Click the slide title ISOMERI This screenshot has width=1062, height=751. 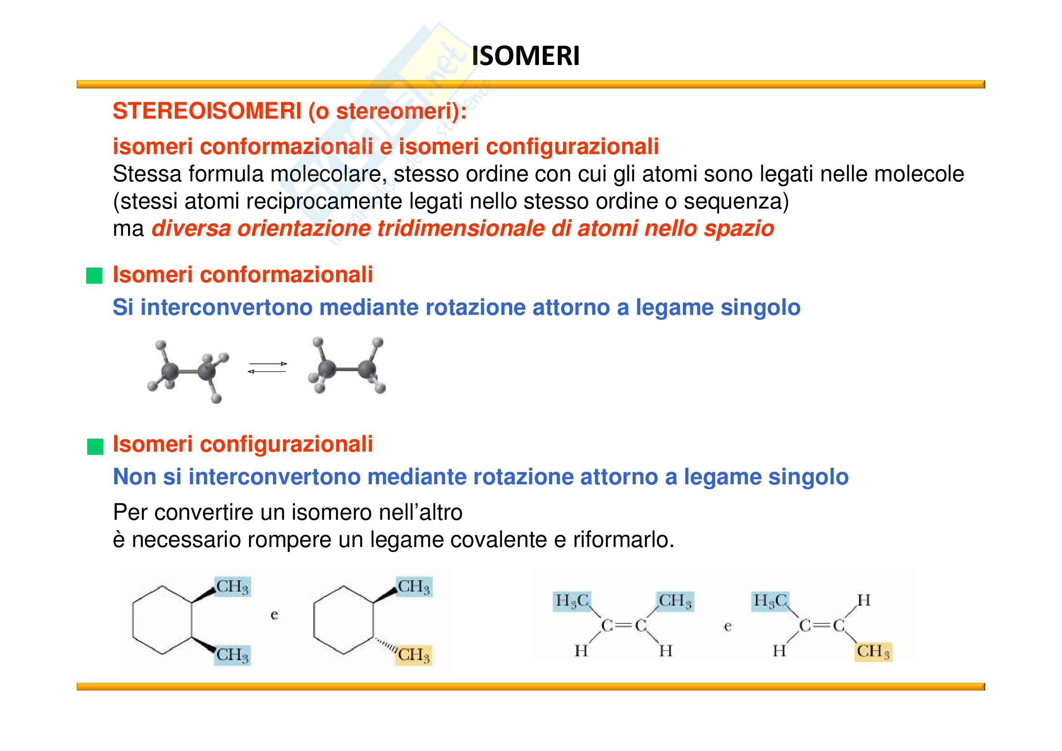pyautogui.click(x=525, y=56)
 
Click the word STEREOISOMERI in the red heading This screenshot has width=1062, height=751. pyautogui.click(x=207, y=111)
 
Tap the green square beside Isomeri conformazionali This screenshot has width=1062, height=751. pyautogui.click(x=94, y=276)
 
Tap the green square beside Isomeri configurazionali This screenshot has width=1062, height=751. pyautogui.click(x=95, y=447)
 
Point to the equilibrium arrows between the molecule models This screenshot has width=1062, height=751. pyautogui.click(x=267, y=368)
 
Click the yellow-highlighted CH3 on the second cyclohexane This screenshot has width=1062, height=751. pyautogui.click(x=414, y=655)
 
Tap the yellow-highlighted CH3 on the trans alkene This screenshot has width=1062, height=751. pyautogui.click(x=872, y=652)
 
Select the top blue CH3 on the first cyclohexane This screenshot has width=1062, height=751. pyautogui.click(x=232, y=587)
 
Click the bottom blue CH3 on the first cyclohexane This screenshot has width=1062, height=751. pyautogui.click(x=232, y=655)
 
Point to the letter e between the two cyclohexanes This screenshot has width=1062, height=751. pyautogui.click(x=274, y=615)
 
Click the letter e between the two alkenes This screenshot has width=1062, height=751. pyautogui.click(x=727, y=627)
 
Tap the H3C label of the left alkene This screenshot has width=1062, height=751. pyautogui.click(x=572, y=601)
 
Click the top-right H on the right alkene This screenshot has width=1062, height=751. pyautogui.click(x=864, y=601)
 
